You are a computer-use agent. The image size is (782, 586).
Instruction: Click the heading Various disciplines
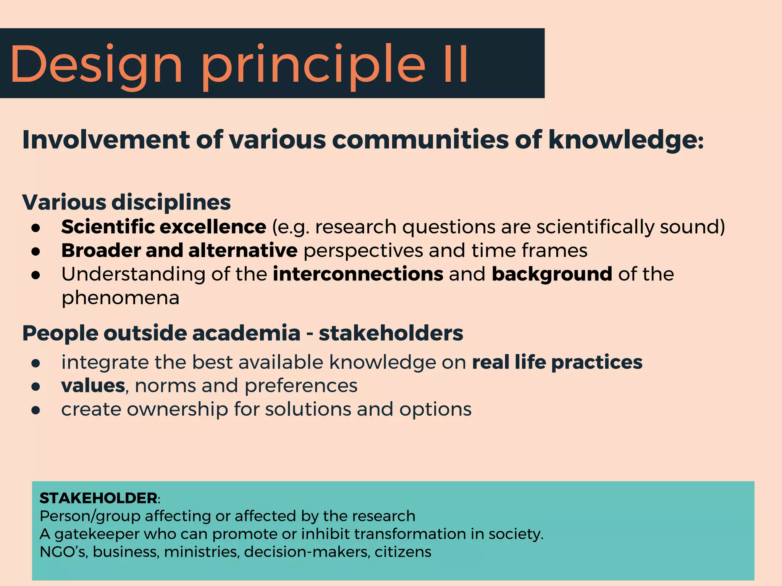(126, 202)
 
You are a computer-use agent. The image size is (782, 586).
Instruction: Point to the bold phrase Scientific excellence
(163, 227)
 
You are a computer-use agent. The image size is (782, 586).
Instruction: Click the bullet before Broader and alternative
(36, 251)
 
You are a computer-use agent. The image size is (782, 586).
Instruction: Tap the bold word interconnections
(358, 274)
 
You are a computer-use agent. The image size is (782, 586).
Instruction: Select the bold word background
(552, 274)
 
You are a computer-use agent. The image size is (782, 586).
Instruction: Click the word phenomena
(120, 298)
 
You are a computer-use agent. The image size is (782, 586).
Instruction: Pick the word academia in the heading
(246, 333)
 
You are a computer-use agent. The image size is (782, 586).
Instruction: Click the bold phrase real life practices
(557, 362)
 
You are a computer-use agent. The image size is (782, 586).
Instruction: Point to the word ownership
(177, 410)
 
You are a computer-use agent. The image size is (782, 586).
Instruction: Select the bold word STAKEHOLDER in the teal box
(98, 498)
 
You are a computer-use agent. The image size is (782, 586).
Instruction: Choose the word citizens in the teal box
(403, 552)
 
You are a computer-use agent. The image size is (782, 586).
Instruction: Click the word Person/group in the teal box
(90, 516)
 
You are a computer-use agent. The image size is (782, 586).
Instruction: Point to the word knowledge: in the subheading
(626, 140)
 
